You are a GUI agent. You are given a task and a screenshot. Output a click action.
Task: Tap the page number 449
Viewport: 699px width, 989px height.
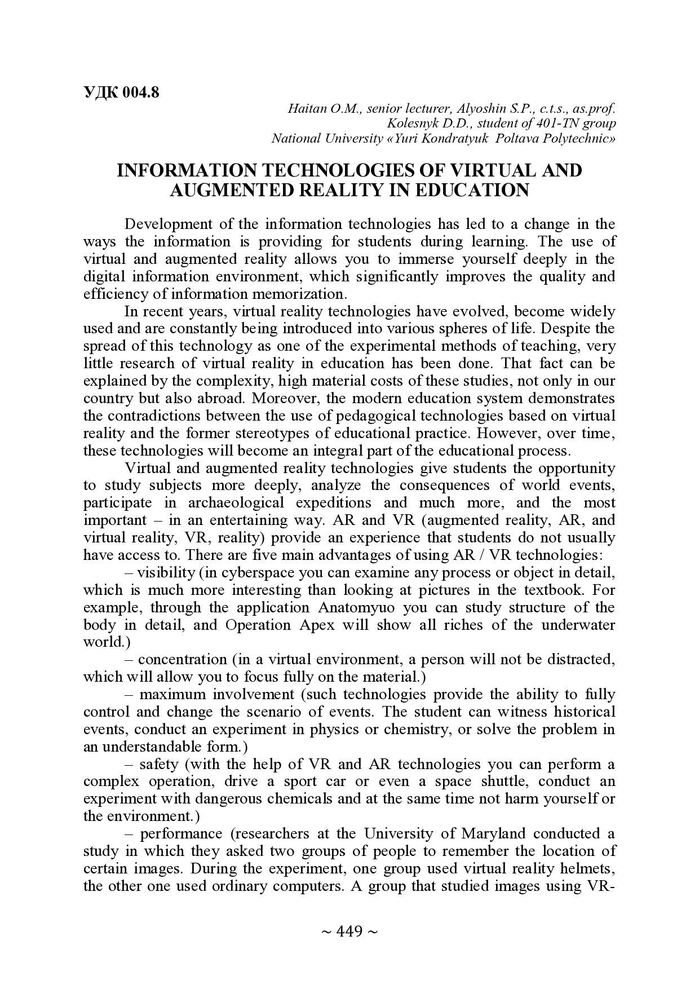pyautogui.click(x=349, y=931)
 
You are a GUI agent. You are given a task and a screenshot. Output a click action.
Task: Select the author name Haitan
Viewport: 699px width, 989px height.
pyautogui.click(x=307, y=108)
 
